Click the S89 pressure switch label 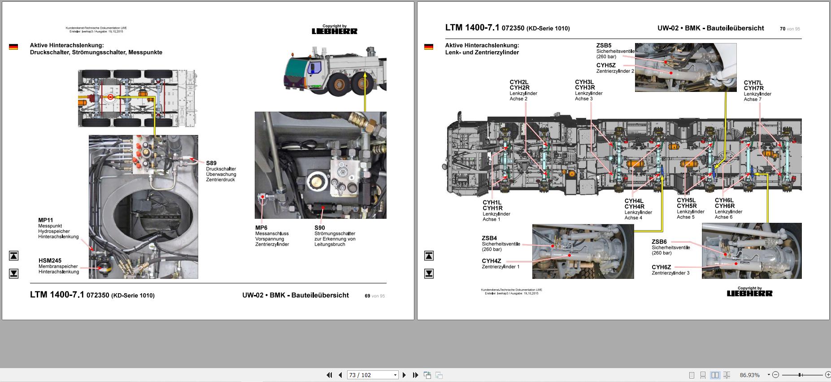(211, 163)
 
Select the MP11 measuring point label (45, 220)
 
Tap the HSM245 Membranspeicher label (50, 260)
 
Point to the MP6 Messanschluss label (261, 228)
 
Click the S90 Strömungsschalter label (319, 228)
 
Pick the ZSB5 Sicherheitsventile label (604, 45)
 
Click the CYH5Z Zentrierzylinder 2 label (606, 65)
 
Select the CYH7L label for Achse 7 (753, 83)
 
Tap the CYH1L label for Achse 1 (492, 203)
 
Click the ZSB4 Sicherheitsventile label (489, 238)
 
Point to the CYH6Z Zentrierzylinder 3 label (661, 267)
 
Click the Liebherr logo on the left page (335, 31)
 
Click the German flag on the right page (429, 47)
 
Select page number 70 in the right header (783, 29)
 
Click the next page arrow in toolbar (404, 375)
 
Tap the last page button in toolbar (415, 375)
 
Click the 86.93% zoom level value (749, 375)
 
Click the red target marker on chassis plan (110, 97)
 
